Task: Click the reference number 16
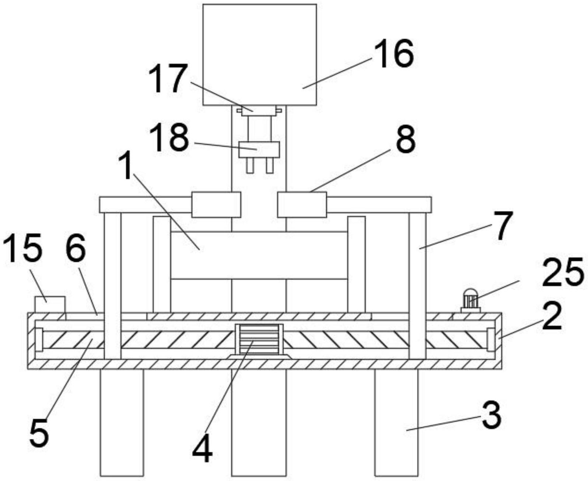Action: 393,53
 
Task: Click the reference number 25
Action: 562,272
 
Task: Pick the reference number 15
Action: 23,248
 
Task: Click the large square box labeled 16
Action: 260,55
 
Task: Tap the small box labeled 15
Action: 50,305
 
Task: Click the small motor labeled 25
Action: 470,301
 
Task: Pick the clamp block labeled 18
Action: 259,149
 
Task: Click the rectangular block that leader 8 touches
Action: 302,205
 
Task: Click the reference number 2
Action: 552,316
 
